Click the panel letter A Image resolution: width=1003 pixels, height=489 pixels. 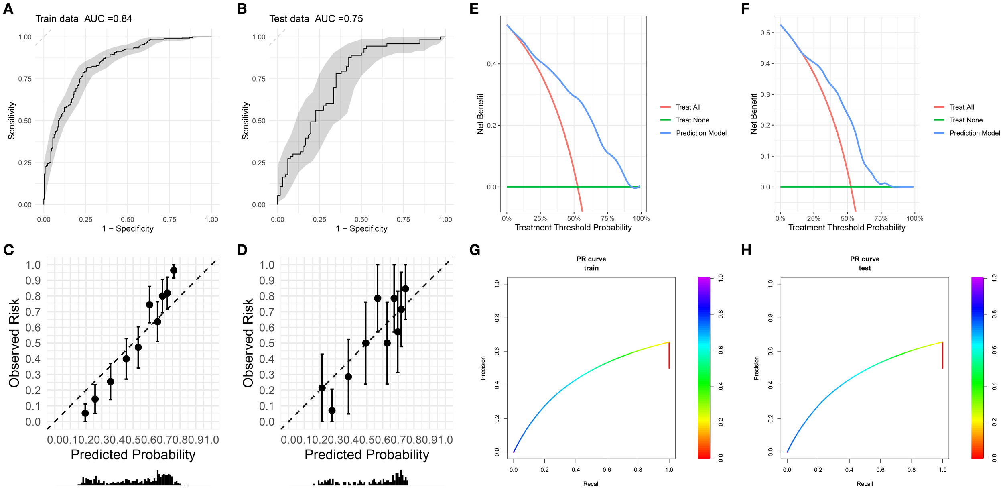[8, 9]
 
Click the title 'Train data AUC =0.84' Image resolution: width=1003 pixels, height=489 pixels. [83, 19]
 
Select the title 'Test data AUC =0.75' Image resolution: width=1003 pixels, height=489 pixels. [316, 19]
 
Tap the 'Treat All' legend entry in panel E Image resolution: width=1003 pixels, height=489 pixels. [688, 107]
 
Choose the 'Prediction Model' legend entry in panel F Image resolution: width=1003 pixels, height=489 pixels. [974, 133]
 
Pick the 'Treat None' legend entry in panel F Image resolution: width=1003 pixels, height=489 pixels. [966, 120]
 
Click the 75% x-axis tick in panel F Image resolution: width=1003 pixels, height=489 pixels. [881, 219]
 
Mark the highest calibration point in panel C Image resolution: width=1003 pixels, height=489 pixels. [174, 271]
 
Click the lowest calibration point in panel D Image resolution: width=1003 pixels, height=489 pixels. [332, 410]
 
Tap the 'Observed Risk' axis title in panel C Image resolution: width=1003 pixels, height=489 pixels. [14, 342]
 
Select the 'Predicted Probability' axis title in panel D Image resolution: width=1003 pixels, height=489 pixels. [367, 454]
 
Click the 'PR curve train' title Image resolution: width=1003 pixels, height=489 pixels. [591, 263]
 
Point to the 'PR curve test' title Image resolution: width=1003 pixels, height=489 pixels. [865, 263]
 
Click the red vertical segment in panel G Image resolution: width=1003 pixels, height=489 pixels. [669, 355]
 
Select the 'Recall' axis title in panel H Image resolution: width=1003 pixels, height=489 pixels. [865, 484]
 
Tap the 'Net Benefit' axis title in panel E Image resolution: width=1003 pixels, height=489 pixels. [480, 114]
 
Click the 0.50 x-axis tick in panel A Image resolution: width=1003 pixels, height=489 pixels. [128, 220]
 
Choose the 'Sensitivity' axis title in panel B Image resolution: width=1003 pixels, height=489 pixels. [246, 120]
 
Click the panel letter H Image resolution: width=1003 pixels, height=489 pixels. [746, 250]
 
